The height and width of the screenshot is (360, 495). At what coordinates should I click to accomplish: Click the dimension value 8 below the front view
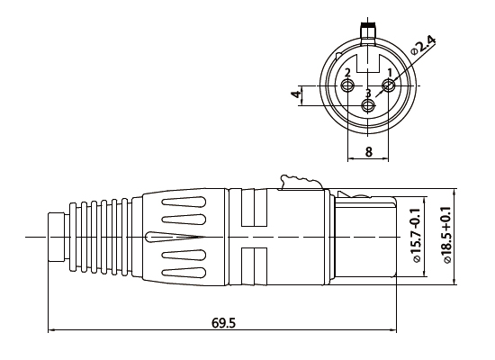(x=368, y=151)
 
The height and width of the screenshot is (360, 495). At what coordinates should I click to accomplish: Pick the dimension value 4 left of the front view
(x=296, y=95)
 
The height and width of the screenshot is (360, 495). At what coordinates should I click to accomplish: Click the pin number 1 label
(x=389, y=72)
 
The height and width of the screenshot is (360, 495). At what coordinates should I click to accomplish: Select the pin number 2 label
(x=347, y=72)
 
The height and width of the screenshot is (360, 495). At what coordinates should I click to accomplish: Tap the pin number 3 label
(x=368, y=93)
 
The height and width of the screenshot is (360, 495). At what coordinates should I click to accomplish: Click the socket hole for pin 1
(x=388, y=85)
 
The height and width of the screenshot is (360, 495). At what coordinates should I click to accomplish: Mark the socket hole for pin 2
(x=348, y=85)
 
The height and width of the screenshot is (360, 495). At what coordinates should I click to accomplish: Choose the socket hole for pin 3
(x=368, y=105)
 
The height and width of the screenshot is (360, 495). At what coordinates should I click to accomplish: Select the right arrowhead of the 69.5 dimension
(x=395, y=330)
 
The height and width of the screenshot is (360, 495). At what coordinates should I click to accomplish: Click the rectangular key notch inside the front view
(x=368, y=65)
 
